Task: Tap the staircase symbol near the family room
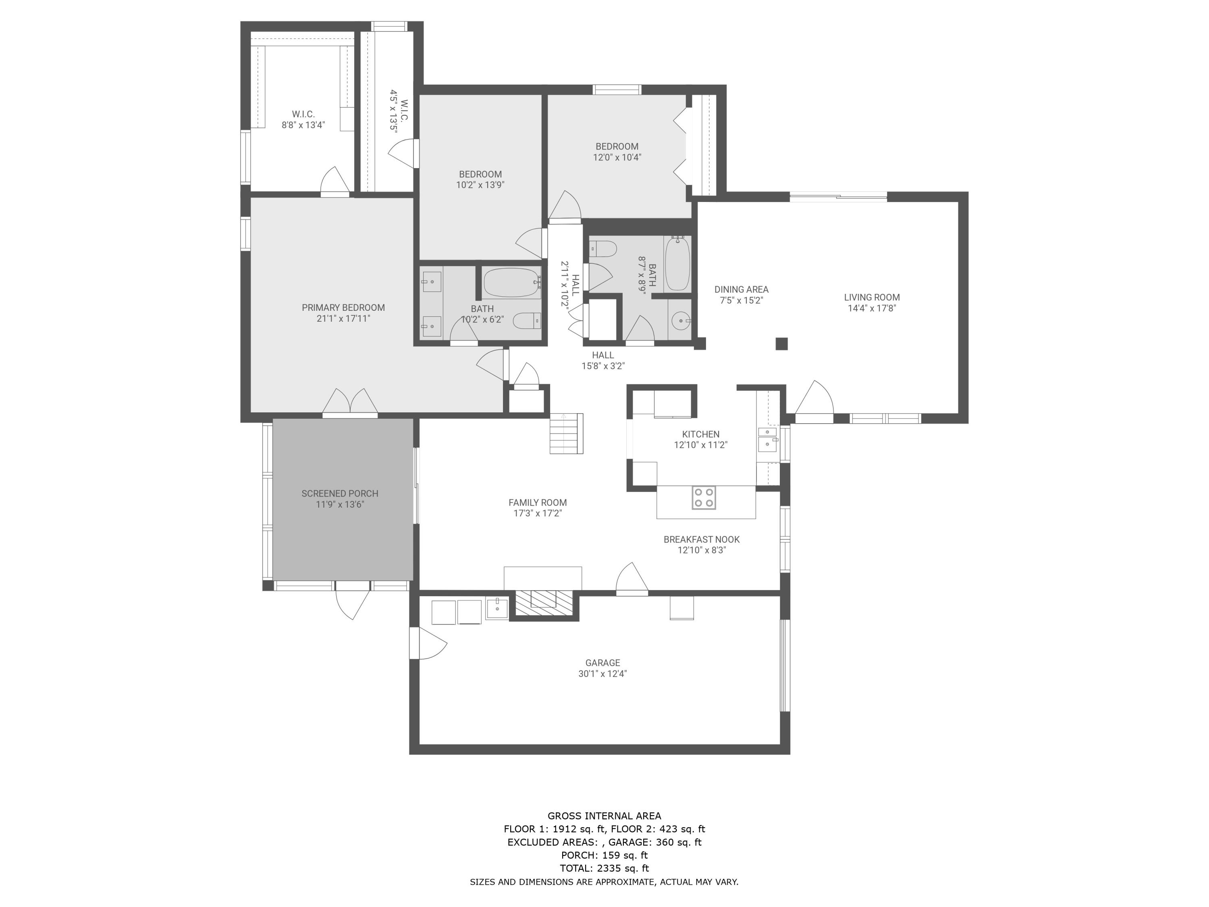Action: pyautogui.click(x=566, y=433)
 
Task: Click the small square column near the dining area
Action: pyautogui.click(x=781, y=344)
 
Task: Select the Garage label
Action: pyautogui.click(x=602, y=663)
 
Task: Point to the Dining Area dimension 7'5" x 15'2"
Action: pyautogui.click(x=741, y=301)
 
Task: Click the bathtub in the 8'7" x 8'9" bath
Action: pyautogui.click(x=677, y=264)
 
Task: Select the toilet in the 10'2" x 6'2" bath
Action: pyautogui.click(x=528, y=320)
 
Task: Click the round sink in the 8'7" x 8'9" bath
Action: pyautogui.click(x=681, y=321)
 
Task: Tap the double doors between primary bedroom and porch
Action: pyautogui.click(x=350, y=403)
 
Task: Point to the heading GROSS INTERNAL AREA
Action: pyautogui.click(x=604, y=816)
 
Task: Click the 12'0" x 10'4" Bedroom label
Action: pyautogui.click(x=617, y=146)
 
